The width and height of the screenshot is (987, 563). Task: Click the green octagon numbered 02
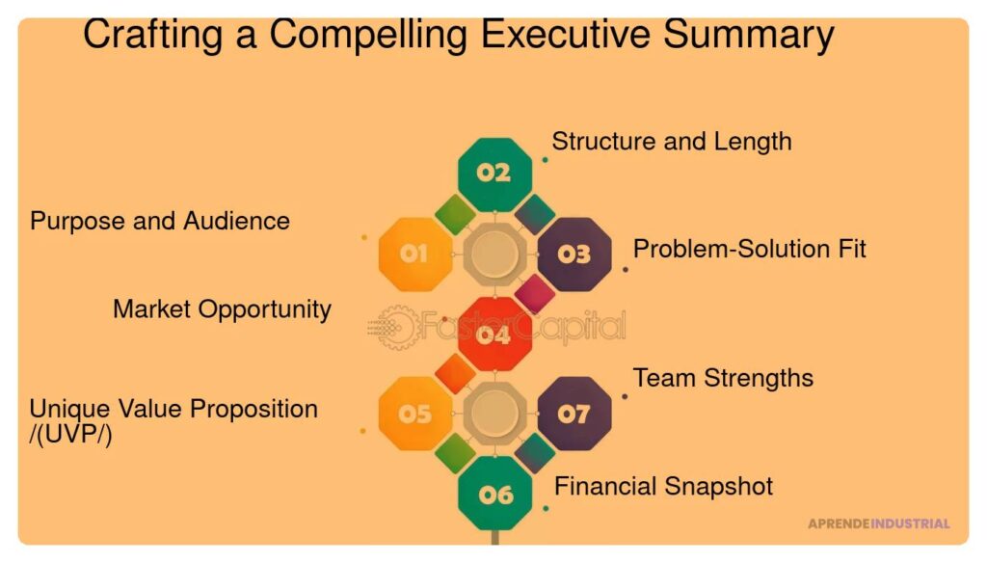[x=494, y=174]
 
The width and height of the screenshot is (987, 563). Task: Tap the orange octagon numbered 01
[x=415, y=255]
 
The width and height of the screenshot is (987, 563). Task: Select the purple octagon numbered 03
[x=574, y=255]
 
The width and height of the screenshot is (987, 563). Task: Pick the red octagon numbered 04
[x=494, y=335]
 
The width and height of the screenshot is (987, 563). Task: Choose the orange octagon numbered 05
[x=415, y=414]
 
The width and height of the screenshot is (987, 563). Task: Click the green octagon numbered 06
[x=494, y=494]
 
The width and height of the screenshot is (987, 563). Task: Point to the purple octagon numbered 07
[x=574, y=414]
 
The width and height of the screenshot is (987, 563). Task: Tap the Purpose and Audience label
[x=160, y=221]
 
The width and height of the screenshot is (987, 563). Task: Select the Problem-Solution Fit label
[x=749, y=249]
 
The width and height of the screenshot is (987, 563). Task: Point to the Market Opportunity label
[x=222, y=309]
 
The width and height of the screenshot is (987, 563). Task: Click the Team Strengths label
[x=723, y=379]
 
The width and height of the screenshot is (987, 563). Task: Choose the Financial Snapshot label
[x=663, y=486]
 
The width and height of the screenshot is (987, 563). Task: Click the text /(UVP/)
[x=70, y=435]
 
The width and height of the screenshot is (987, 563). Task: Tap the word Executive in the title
[x=565, y=34]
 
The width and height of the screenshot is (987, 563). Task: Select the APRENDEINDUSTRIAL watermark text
[x=879, y=523]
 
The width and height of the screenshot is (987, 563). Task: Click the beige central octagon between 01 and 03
[x=494, y=255]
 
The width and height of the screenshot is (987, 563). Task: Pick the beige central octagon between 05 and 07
[x=494, y=414]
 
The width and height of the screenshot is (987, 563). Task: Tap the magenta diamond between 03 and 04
[x=535, y=294]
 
